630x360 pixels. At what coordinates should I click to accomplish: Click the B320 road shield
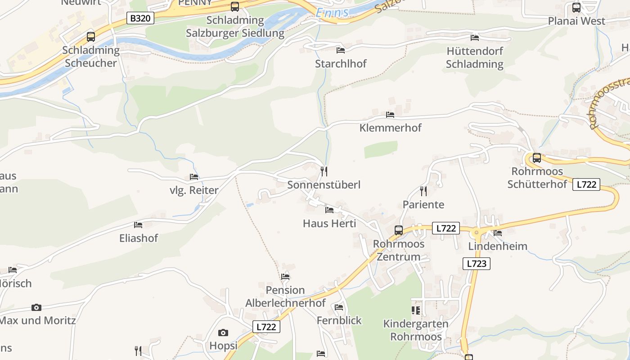click(140, 18)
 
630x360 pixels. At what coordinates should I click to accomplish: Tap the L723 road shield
click(476, 264)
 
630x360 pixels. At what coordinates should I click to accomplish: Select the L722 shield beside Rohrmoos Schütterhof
click(586, 184)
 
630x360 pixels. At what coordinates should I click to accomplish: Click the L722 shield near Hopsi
click(266, 327)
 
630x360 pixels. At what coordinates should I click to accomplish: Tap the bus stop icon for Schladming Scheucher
click(91, 37)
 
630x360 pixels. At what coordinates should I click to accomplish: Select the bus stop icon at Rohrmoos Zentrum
click(399, 230)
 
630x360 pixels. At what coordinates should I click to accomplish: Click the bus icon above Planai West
click(576, 8)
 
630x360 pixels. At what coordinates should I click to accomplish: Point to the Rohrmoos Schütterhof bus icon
click(536, 158)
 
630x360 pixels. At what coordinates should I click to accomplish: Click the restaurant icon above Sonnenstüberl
click(324, 171)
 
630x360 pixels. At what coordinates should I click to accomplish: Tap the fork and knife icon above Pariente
click(423, 191)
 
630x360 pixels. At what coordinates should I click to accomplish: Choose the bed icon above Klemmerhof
click(390, 115)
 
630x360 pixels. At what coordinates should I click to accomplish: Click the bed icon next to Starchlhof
click(341, 50)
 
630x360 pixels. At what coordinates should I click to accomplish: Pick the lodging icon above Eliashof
click(138, 225)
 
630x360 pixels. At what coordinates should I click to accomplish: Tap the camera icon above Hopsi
click(223, 333)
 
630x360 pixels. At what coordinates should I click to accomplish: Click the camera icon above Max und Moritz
click(36, 307)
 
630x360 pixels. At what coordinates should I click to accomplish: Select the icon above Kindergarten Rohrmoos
click(415, 310)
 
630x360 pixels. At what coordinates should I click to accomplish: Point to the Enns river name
click(332, 13)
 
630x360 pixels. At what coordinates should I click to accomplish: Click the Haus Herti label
click(329, 223)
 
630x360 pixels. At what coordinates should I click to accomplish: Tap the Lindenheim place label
click(498, 246)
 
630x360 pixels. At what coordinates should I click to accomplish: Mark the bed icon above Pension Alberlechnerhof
click(285, 276)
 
